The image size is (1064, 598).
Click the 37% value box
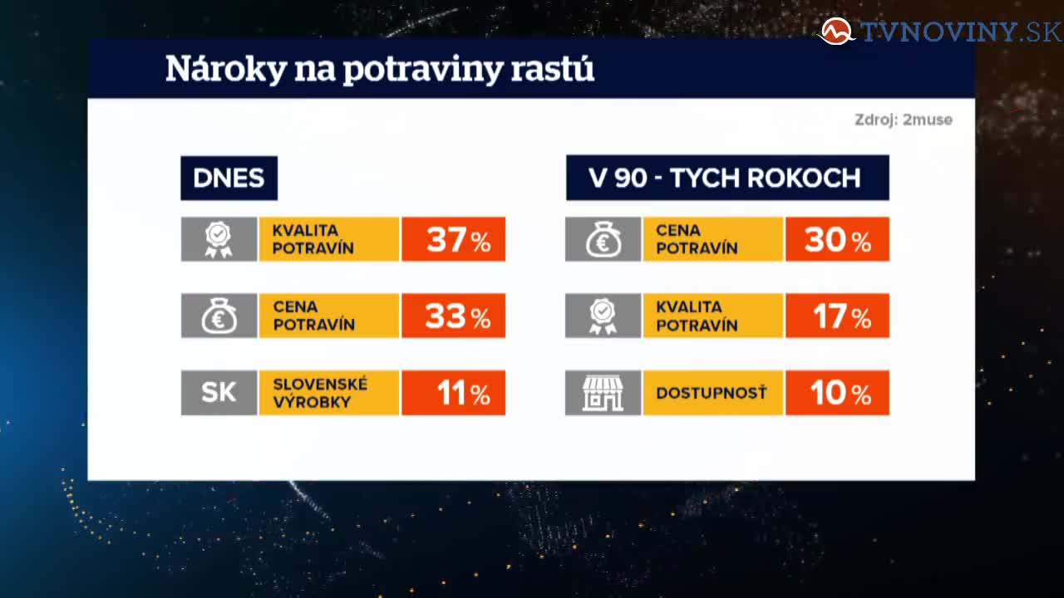pos(454,239)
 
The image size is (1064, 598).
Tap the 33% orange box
pos(454,316)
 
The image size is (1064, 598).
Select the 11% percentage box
pos(454,393)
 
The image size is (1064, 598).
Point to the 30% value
pos(837,239)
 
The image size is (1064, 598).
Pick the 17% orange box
pos(837,316)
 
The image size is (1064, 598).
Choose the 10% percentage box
pos(837,393)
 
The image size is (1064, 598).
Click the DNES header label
pos(229,178)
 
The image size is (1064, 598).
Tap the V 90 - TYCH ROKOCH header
pos(727,178)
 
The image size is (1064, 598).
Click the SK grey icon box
pos(219,393)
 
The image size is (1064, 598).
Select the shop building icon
pos(603,393)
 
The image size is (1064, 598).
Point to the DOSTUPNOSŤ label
pos(712,393)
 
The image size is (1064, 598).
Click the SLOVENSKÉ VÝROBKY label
pos(320,393)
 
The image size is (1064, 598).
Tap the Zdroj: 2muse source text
pos(904,120)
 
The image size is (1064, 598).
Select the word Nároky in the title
pos(226,69)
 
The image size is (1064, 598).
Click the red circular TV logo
pos(836,32)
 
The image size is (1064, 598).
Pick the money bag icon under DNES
pos(219,316)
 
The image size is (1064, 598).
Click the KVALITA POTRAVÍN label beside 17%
pos(697,316)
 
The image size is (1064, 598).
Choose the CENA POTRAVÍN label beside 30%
pos(697,239)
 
